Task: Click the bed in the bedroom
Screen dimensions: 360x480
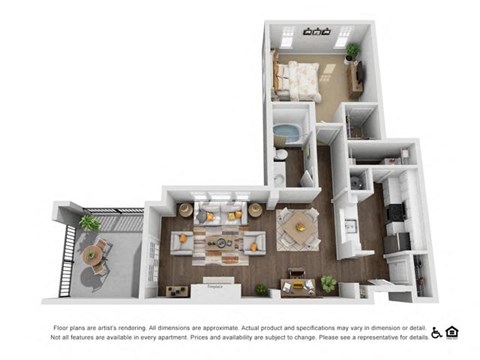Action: click(297, 77)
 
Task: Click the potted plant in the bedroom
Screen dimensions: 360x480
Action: click(352, 52)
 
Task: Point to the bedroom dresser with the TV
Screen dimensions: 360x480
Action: click(355, 75)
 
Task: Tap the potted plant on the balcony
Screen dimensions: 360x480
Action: click(91, 223)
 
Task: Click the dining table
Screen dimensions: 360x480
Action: click(297, 229)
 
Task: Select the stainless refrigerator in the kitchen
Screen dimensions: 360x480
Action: click(398, 242)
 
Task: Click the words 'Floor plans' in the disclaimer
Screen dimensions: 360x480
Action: click(68, 327)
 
